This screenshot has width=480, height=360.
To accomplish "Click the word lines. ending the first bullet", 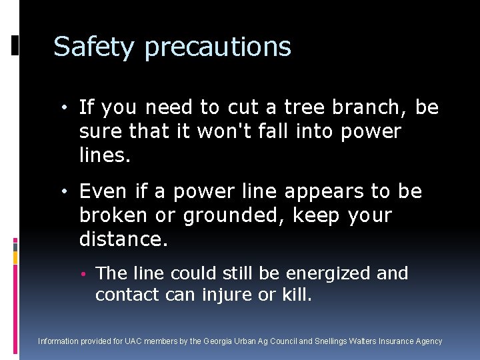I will click(104, 155).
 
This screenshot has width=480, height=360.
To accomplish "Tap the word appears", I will click(328, 193).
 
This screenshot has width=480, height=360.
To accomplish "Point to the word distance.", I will click(123, 239).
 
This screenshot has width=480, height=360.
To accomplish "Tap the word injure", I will click(225, 295).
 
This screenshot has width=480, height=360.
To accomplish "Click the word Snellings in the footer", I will click(330, 341).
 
